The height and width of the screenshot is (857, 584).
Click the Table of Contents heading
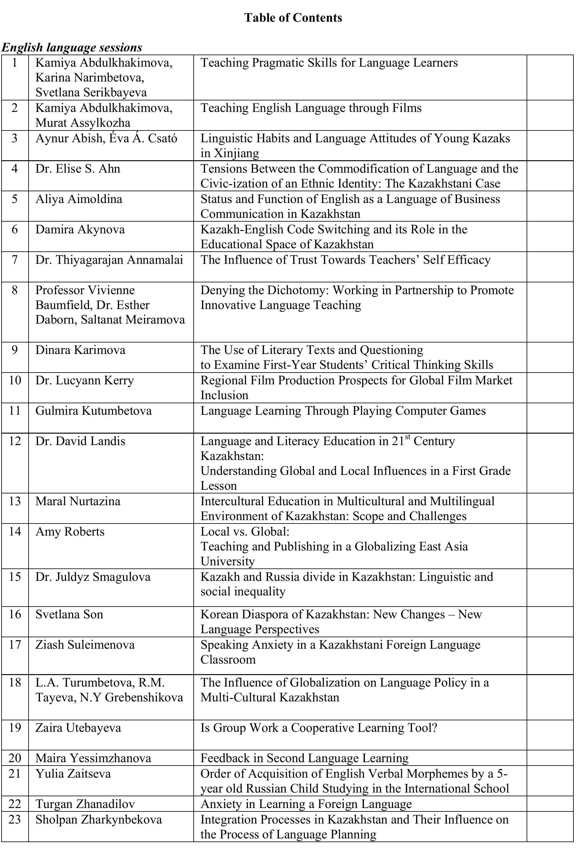pos(293,18)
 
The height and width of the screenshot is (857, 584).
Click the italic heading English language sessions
pos(72,47)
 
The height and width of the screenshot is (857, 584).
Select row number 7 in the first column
pos(15,260)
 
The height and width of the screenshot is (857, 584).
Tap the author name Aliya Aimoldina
pos(79,199)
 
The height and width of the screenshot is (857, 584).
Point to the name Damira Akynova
pos(80,229)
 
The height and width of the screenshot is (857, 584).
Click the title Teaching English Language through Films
pos(311,108)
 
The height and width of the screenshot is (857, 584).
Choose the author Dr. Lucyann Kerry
pos(84,380)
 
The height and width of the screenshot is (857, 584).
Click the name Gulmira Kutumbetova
pos(93,410)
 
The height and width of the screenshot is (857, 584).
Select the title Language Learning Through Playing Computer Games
pos(343,410)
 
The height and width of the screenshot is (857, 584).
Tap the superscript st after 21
pos(407,437)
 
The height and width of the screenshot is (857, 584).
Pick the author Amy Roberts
pos(70,531)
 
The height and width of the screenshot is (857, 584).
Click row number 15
pos(15,577)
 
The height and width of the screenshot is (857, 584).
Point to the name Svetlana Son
pos(69,614)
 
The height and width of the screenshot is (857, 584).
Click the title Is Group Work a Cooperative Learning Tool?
pos(319,727)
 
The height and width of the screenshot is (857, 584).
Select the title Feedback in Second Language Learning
pos(304,758)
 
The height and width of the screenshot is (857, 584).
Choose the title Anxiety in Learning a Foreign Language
pos(306,803)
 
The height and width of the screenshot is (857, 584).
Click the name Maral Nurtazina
pos(78,501)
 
